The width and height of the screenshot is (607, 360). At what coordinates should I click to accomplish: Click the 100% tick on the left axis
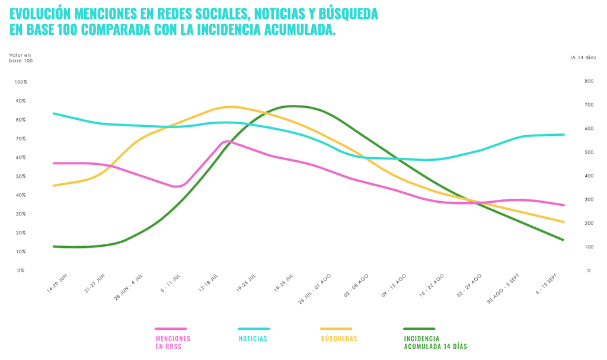click(x=21, y=82)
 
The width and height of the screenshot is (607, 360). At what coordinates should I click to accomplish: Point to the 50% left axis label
click(x=21, y=176)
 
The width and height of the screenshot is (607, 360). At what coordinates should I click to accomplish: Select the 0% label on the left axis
click(x=21, y=270)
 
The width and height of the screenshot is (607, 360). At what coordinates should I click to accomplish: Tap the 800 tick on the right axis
click(x=589, y=81)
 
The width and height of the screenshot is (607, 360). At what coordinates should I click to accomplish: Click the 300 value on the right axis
click(x=589, y=199)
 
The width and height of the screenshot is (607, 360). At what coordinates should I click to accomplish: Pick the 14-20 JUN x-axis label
click(x=57, y=283)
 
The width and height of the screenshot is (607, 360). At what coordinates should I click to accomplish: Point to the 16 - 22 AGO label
click(x=432, y=285)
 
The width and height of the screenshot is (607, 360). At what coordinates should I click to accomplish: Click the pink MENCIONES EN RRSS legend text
click(x=172, y=342)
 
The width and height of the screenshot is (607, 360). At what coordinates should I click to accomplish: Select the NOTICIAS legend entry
click(x=253, y=339)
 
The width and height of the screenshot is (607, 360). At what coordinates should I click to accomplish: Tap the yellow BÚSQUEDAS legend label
click(x=339, y=339)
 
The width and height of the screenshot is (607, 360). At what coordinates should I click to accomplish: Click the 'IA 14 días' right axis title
click(x=583, y=58)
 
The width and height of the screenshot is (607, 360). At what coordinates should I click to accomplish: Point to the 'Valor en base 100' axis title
click(x=21, y=58)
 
